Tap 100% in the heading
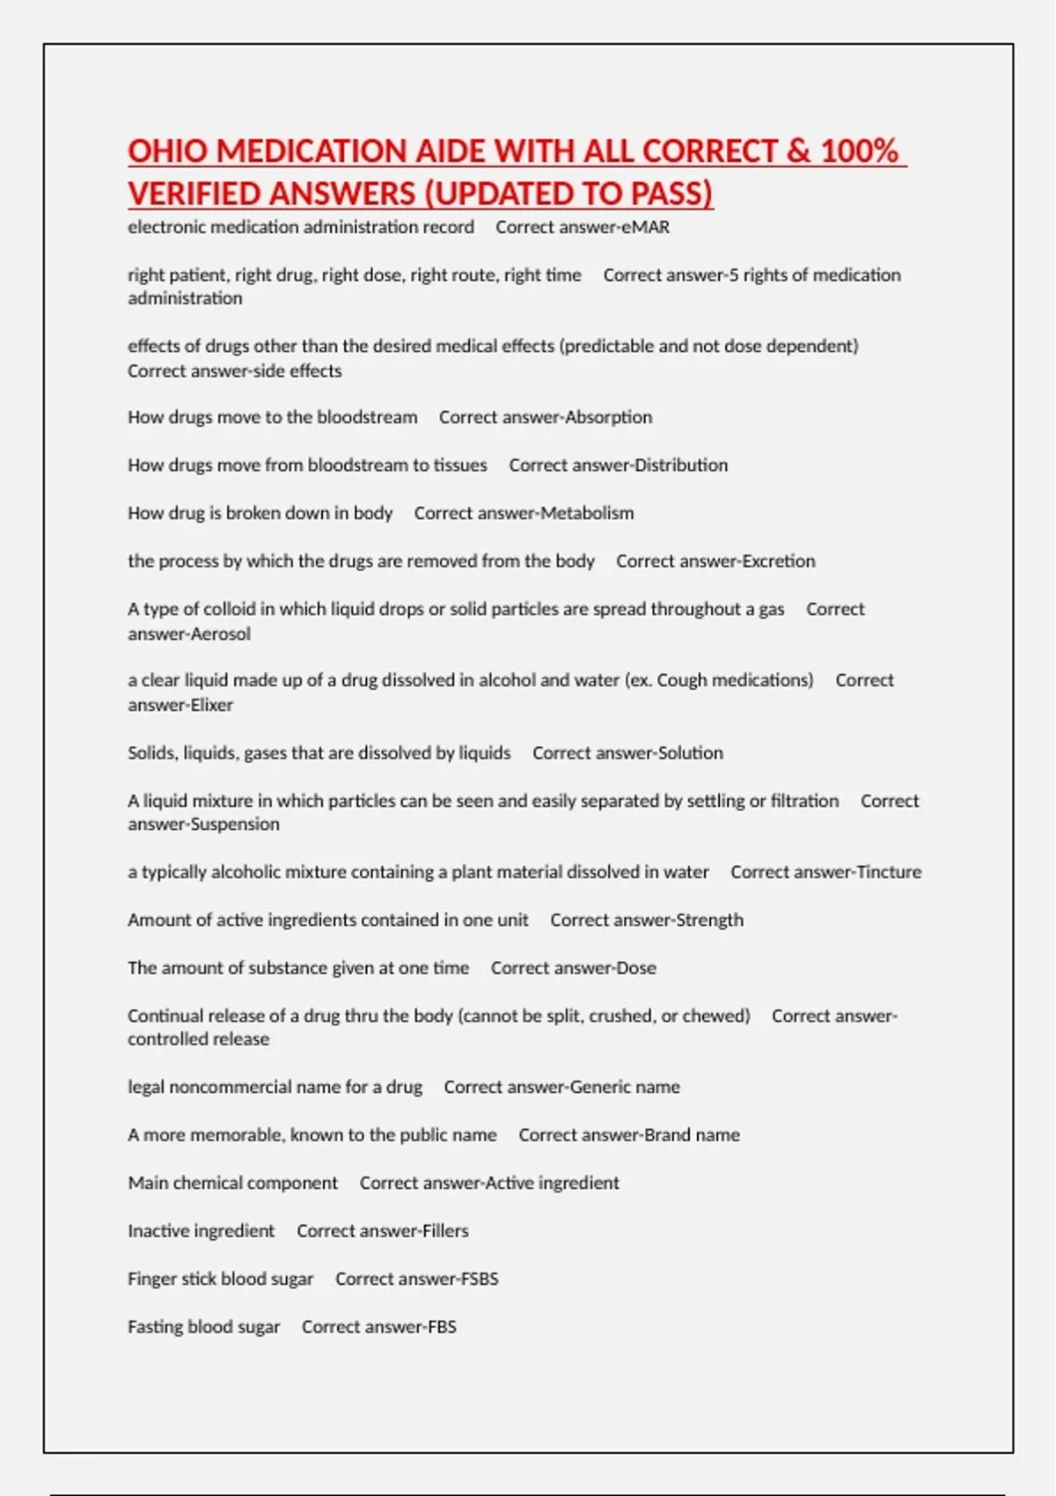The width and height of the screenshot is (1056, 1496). (x=859, y=151)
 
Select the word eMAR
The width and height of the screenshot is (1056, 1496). (x=646, y=227)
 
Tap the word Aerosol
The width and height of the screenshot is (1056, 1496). (x=221, y=634)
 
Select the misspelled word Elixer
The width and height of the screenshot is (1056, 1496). (x=208, y=705)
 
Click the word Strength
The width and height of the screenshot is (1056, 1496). (x=709, y=920)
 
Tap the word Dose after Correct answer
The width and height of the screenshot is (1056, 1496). (x=635, y=968)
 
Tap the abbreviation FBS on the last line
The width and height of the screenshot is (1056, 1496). (x=442, y=1327)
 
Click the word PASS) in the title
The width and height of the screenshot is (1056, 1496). (x=671, y=194)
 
